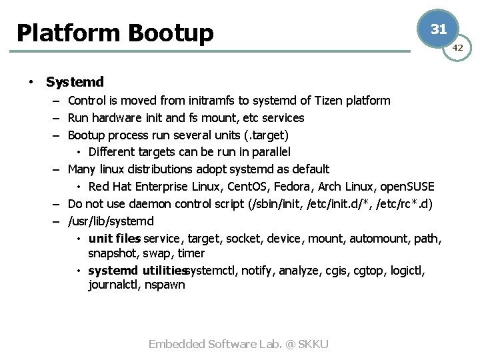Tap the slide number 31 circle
pyautogui.click(x=438, y=29)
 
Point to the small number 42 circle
pyautogui.click(x=457, y=47)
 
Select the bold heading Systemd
pyautogui.click(x=75, y=82)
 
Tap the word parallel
pyautogui.click(x=269, y=152)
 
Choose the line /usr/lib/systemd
pyautogui.click(x=111, y=221)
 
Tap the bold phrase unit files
pyautogui.click(x=114, y=238)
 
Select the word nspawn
pyautogui.click(x=165, y=285)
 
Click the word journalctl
pyautogui.click(x=112, y=285)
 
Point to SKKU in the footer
pyautogui.click(x=313, y=344)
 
